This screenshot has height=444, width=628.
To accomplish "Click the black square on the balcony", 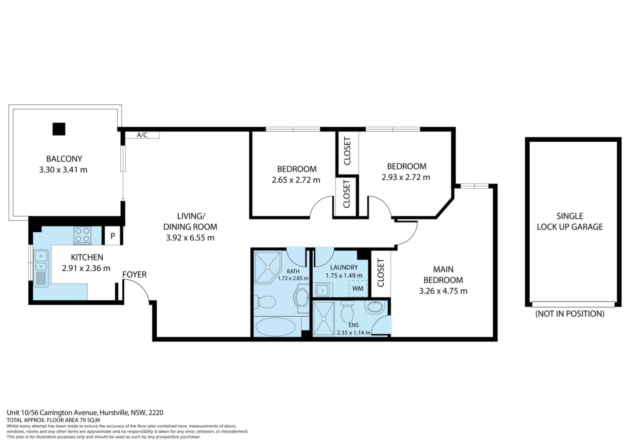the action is coord(59,129).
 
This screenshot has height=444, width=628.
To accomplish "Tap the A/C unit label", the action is coord(142,135).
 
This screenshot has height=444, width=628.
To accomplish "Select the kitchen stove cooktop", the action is coord(82,236).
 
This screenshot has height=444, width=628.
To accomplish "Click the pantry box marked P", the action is coord(113,236).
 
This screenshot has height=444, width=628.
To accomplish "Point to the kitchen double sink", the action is coord(41,260).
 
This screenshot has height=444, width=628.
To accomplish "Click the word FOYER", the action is coord(134,275).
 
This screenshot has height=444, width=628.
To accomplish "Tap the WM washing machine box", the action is coord(358,289).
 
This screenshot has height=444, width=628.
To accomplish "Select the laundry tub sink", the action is coord(323,290).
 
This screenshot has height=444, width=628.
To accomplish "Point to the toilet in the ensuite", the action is coord(347,312).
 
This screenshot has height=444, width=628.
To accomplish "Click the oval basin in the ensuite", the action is coord(375,307).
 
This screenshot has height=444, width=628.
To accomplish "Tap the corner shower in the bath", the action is coord(268,267).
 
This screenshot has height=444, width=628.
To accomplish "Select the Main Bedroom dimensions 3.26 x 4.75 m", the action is coord(443,291).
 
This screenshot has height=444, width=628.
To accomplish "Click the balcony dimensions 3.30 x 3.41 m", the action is coord(63,170).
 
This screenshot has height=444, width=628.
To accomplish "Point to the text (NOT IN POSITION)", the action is coord(570,314).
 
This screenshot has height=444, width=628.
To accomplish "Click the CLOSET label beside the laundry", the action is coord(381,273).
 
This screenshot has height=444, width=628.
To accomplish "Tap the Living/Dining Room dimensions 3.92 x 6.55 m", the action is coord(190,238).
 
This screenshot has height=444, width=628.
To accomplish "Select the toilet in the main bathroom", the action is coord(265,302).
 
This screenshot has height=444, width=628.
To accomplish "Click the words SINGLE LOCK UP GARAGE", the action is coord(570,222).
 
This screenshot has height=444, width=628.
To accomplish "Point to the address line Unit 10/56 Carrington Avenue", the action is coord(52,413).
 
